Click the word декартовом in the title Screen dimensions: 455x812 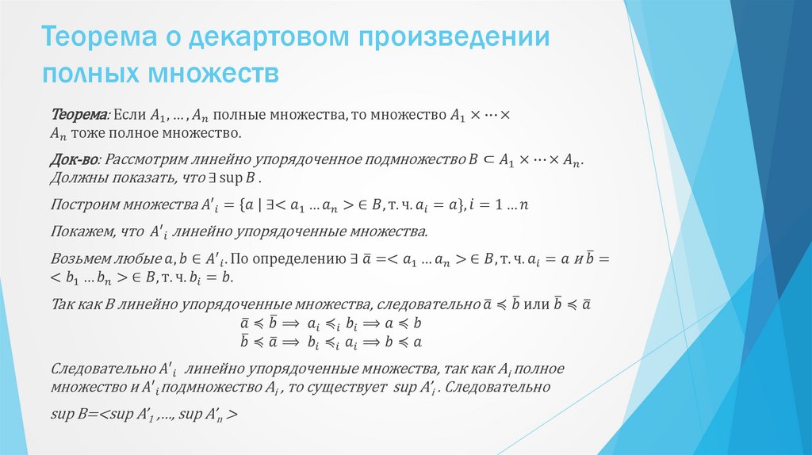point(262,37)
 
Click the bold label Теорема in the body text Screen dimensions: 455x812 point(79,115)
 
